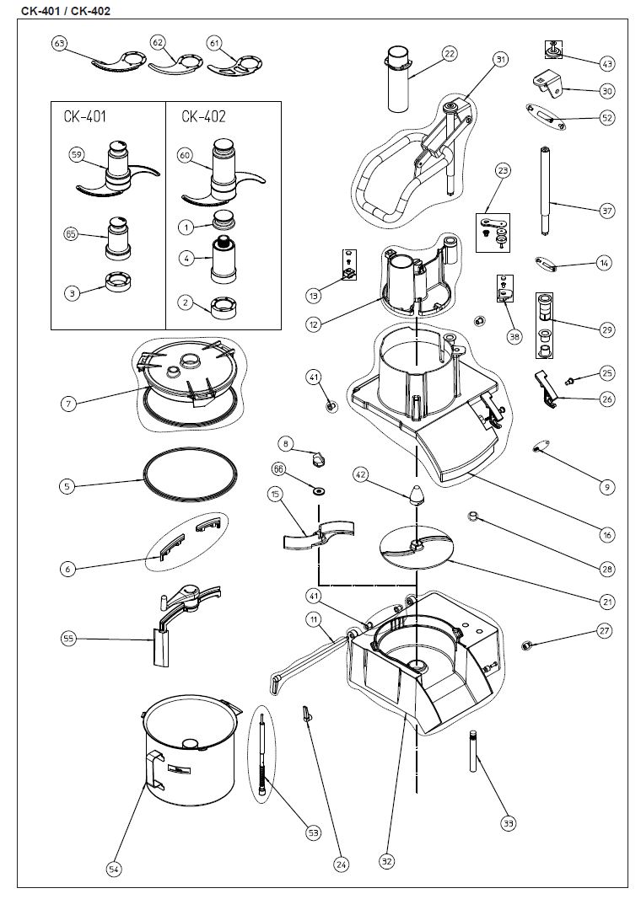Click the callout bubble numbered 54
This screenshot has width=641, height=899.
click(114, 869)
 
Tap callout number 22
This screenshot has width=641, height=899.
click(450, 54)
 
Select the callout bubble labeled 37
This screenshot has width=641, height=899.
click(606, 211)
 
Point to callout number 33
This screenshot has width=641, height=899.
click(508, 823)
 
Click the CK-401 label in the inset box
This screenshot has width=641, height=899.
click(84, 117)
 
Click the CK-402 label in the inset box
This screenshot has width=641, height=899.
click(203, 117)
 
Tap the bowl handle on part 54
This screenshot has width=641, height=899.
click(152, 772)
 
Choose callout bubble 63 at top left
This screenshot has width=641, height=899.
click(59, 43)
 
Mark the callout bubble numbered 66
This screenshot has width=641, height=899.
click(277, 468)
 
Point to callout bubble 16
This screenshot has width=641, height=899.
click(606, 534)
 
